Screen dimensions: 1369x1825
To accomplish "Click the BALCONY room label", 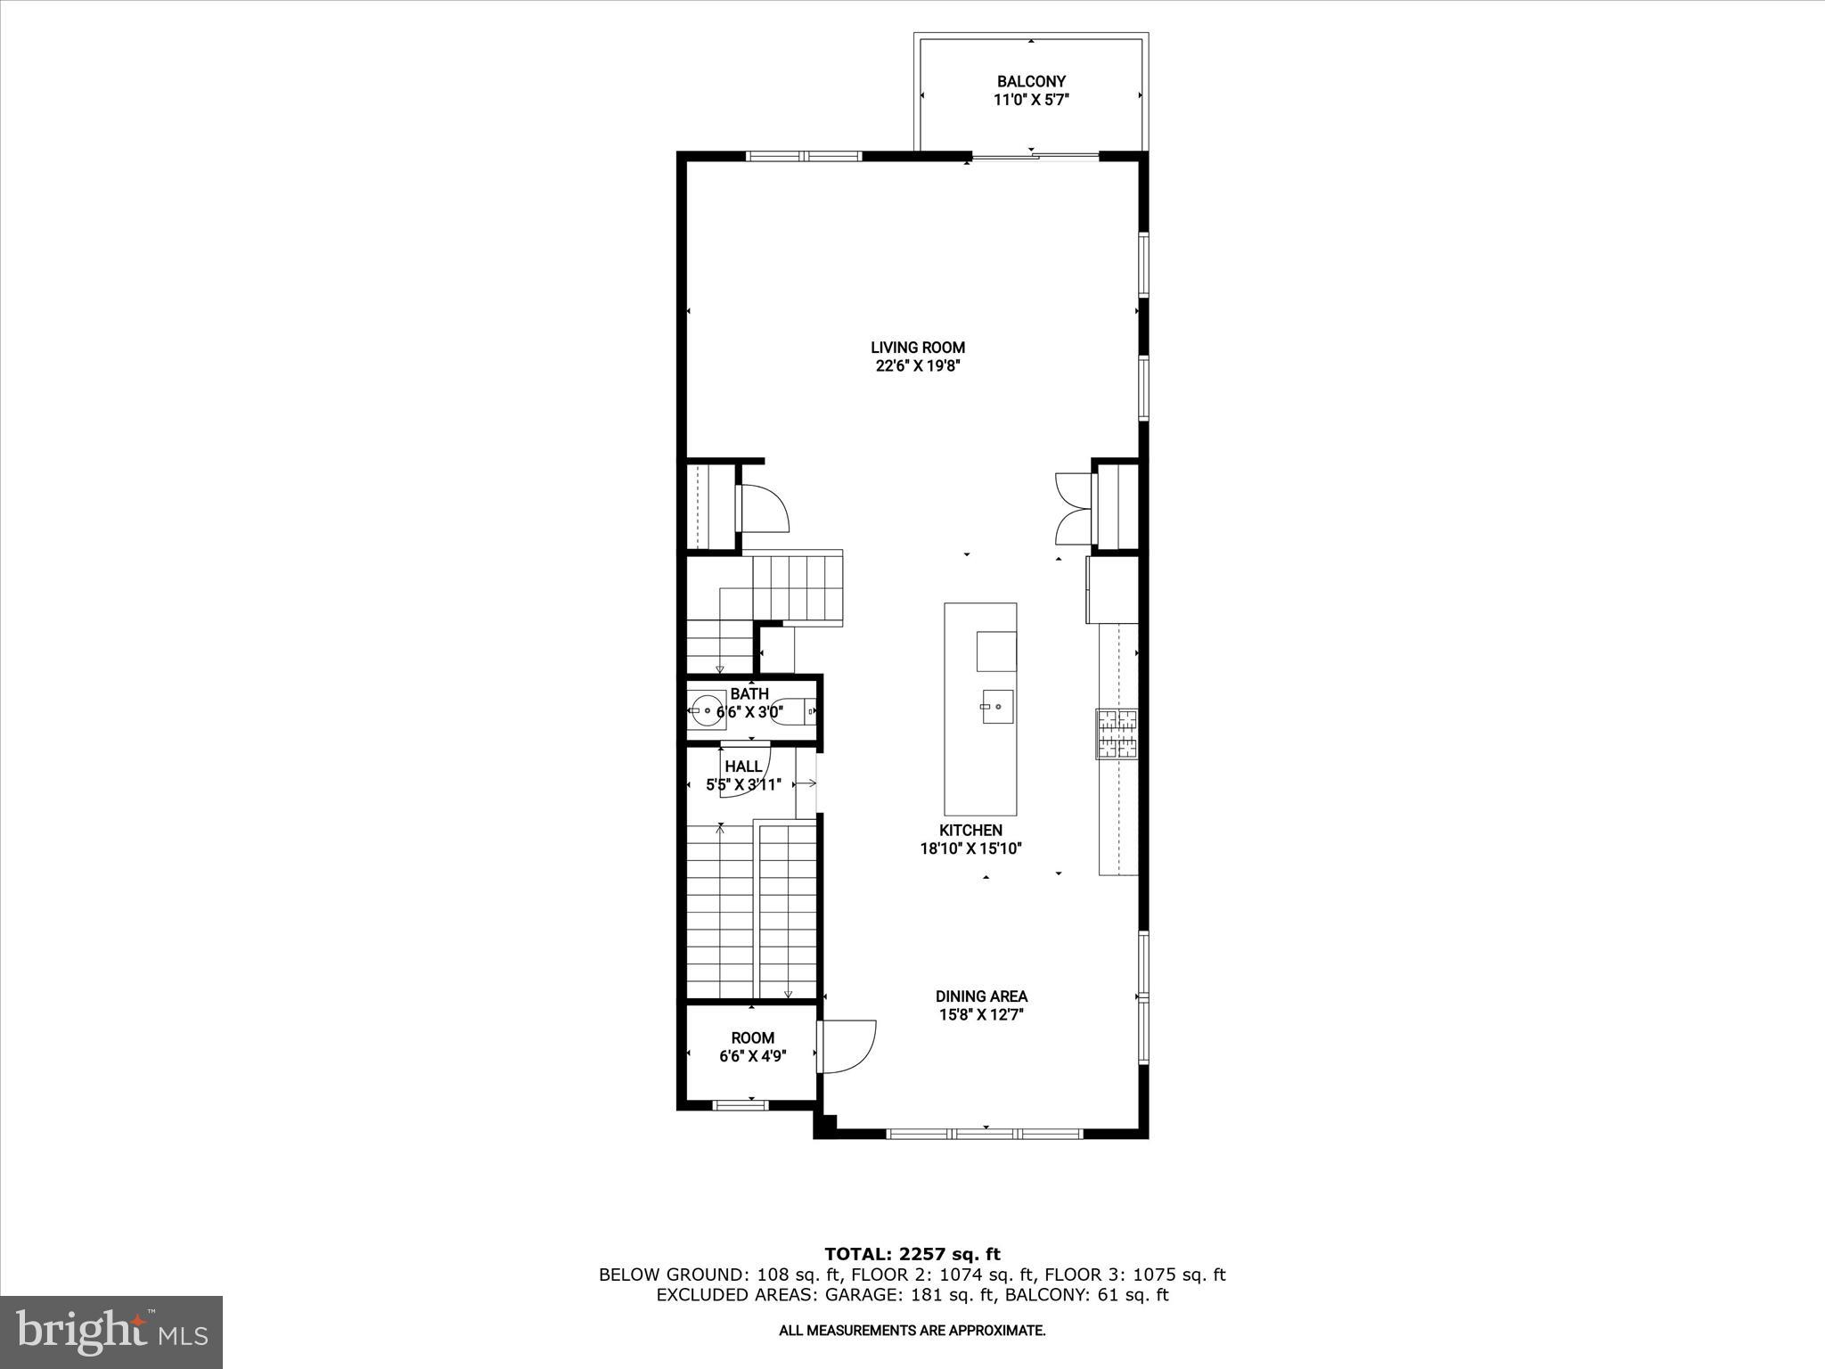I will tap(1031, 81).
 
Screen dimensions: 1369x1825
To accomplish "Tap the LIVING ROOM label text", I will tap(918, 348).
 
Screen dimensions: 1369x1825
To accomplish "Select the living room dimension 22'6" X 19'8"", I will tap(918, 366).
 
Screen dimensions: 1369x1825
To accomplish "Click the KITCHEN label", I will tap(970, 830).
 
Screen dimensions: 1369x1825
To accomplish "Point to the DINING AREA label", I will tap(981, 996).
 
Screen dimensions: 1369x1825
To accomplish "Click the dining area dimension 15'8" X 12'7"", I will tap(981, 1014).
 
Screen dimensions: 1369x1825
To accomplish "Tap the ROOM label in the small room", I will tap(752, 1037).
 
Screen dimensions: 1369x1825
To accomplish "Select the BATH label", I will tap(749, 693).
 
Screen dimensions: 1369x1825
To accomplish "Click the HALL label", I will tap(743, 766).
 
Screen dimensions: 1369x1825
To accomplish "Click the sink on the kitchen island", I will tap(997, 708).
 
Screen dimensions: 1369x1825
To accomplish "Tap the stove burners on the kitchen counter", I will tap(1117, 734).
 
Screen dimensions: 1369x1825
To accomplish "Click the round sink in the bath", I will tap(707, 710).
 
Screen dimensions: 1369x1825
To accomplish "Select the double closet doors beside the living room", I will tap(1072, 509).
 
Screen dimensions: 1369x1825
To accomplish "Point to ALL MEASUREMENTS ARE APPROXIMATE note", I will tap(912, 1331).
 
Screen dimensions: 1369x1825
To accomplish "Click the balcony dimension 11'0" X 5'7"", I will tap(1031, 100).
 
